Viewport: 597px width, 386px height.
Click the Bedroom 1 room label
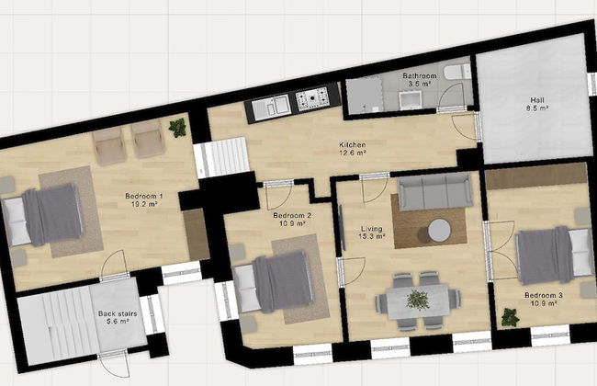(x=144, y=200)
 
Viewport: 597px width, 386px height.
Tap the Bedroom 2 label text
(x=291, y=221)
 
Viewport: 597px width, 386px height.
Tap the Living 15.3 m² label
(x=371, y=232)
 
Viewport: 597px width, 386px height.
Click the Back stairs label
(x=118, y=318)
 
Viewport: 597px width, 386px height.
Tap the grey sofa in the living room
(x=434, y=193)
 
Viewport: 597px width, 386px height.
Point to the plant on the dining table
(x=419, y=299)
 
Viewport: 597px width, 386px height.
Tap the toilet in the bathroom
(x=455, y=73)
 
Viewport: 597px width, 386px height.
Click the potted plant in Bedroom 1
(x=177, y=128)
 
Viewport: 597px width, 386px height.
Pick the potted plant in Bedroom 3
(x=509, y=318)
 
